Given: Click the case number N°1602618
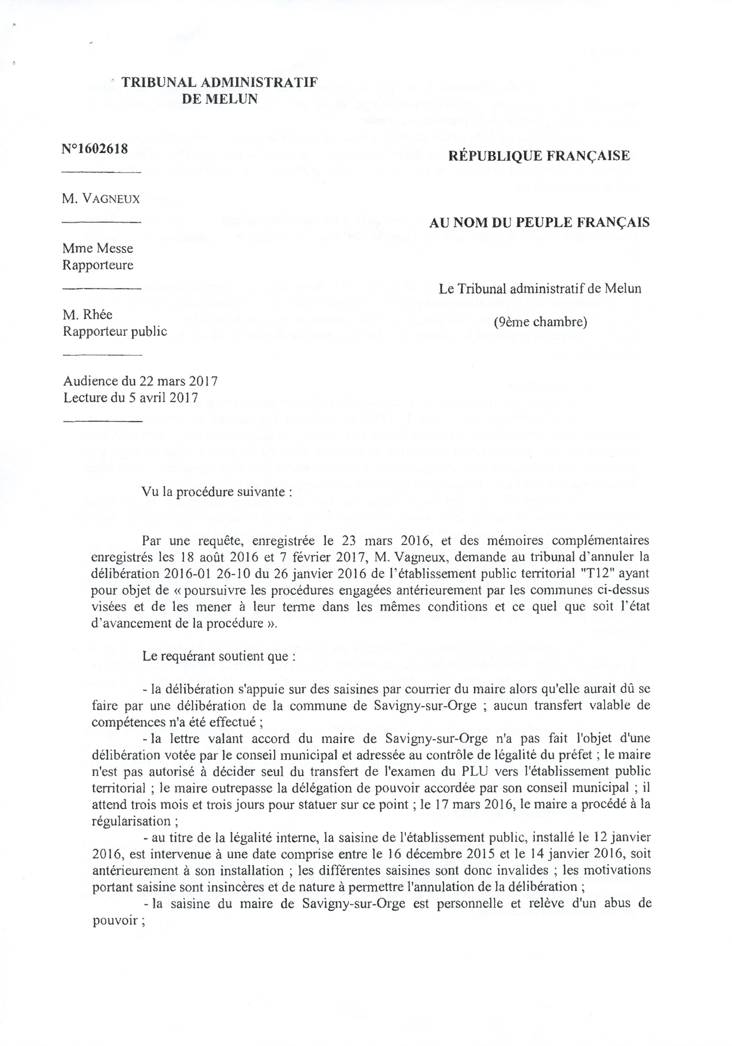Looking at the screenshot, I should [x=95, y=149].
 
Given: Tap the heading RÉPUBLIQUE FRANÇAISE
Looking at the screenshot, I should [x=539, y=156].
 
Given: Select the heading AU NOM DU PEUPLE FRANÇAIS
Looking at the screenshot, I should [x=539, y=223].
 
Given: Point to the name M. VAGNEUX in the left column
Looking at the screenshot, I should [x=101, y=199].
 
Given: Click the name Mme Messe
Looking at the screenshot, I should [x=98, y=248].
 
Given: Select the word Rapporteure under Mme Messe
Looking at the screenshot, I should [x=98, y=265].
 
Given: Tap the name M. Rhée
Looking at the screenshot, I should [x=87, y=315].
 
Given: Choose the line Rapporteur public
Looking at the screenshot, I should [x=115, y=331].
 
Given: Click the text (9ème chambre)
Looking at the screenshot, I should [x=540, y=322].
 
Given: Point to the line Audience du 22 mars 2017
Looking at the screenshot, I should [x=140, y=381].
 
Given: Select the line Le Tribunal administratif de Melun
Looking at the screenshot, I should [x=540, y=288].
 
